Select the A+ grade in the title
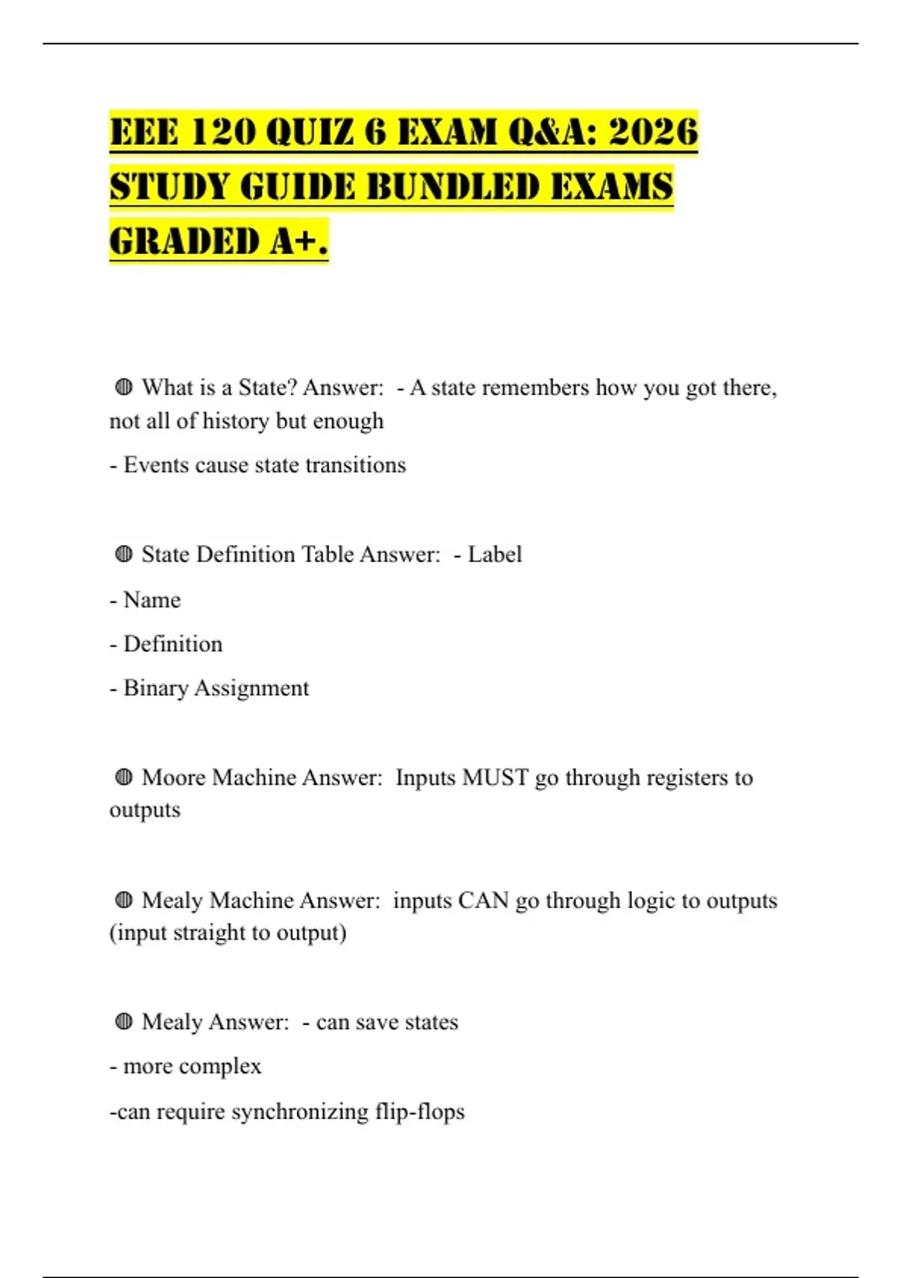coord(300,242)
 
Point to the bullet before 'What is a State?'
coord(124,387)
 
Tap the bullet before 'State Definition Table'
coord(124,554)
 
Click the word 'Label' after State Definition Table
coord(495,554)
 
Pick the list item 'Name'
coord(152,600)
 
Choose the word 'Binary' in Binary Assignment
coord(156,688)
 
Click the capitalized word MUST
coord(495,777)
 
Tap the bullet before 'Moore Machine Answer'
coord(124,777)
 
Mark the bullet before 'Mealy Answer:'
coord(124,1022)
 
